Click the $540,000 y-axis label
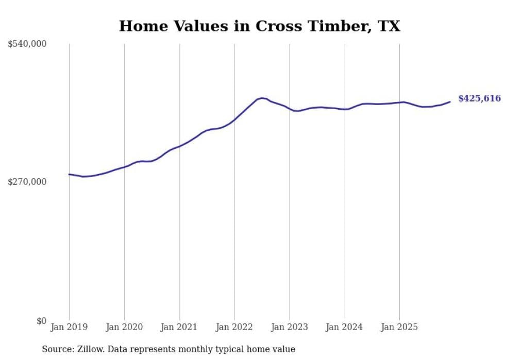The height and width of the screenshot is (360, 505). (27, 44)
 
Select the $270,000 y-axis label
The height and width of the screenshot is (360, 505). (27, 182)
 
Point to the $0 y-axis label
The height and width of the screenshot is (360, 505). (41, 321)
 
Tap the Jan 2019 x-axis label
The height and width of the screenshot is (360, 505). (69, 327)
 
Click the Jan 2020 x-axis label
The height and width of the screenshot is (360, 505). (124, 327)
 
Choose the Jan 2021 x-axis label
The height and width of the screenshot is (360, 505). (179, 327)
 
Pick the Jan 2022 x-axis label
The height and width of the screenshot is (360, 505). (234, 327)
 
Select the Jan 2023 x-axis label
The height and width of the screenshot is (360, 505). (290, 327)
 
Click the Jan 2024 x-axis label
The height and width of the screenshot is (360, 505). (345, 327)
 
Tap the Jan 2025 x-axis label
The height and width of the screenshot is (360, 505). (400, 327)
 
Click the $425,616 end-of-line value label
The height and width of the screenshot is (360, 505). (479, 98)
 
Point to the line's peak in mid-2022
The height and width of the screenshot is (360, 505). (262, 98)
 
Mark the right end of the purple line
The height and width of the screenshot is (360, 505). (450, 101)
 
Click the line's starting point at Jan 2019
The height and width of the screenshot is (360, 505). (69, 174)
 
